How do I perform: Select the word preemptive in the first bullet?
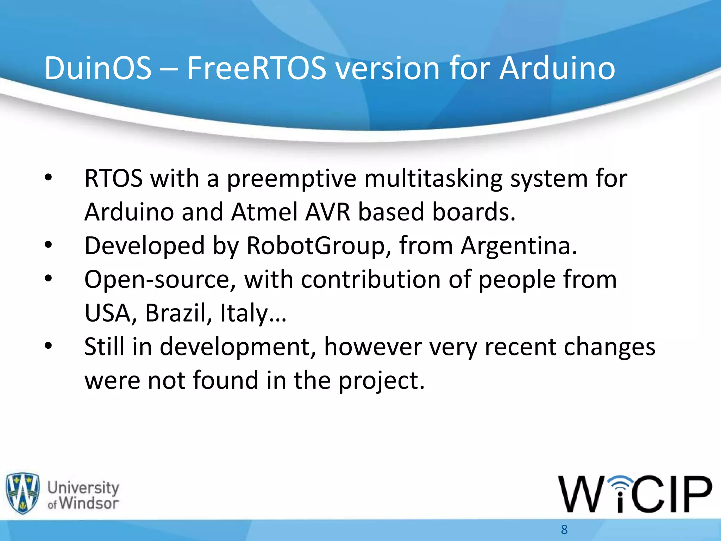pyautogui.click(x=291, y=179)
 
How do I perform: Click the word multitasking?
pyautogui.click(x=433, y=179)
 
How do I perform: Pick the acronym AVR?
pyautogui.click(x=328, y=212)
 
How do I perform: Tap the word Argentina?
pyautogui.click(x=519, y=246)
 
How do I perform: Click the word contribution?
pyautogui.click(x=371, y=280)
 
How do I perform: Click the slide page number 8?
pyautogui.click(x=564, y=529)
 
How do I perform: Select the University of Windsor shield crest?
pyautogui.click(x=23, y=493)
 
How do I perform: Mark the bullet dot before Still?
pyautogui.click(x=48, y=346)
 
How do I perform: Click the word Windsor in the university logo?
pyautogui.click(x=89, y=503)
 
